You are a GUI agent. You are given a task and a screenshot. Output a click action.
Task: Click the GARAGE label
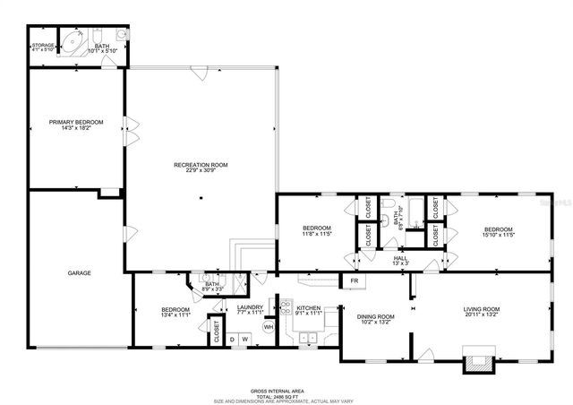click(80, 273)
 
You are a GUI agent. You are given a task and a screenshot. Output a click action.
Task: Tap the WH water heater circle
click(268, 327)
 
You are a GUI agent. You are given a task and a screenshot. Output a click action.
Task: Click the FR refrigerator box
click(355, 281)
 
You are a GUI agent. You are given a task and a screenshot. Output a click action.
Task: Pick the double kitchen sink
click(310, 338)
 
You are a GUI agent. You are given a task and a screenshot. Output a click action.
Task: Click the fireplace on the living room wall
click(476, 362)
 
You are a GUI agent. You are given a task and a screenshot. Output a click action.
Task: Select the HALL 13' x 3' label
click(400, 259)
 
